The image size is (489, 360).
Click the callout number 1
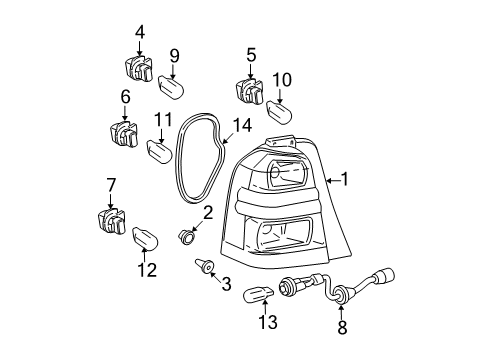pos(345,180)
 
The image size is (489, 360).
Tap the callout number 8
pos(342,326)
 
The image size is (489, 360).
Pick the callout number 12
pos(147,270)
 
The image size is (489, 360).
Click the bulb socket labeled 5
pos(250,91)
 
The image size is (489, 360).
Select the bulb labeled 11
pos(160,151)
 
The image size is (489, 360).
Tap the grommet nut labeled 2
pos(188,238)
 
